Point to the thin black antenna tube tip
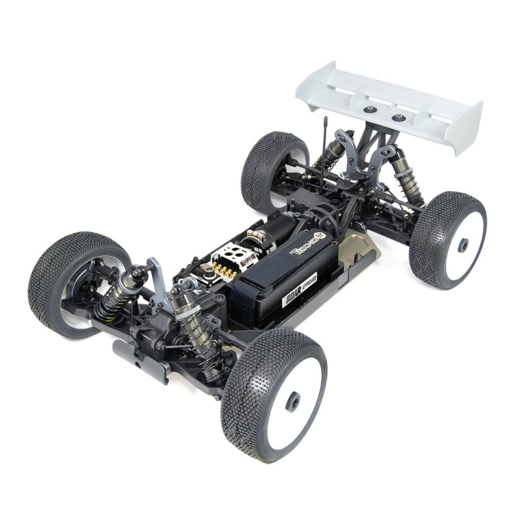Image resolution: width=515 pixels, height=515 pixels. point(325,119)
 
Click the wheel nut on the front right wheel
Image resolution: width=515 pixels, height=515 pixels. point(293,401)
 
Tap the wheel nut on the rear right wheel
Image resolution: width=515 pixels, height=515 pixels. point(463,245)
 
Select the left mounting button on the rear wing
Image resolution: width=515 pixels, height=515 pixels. point(370,109)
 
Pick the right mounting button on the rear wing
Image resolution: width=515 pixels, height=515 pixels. point(399,117)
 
